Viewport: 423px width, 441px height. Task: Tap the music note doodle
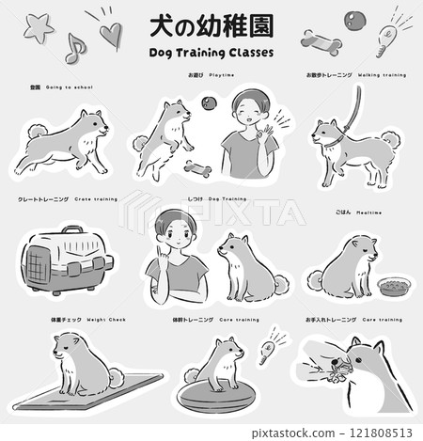coord(75,47)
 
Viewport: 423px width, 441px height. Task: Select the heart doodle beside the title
coord(111,35)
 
